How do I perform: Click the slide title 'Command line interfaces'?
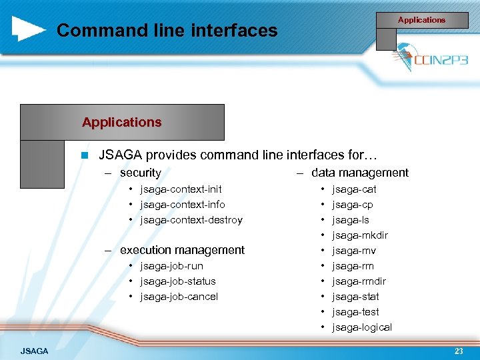point(167,30)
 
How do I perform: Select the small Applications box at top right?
point(421,20)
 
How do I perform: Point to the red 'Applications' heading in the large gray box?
point(121,122)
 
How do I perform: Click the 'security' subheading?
point(140,173)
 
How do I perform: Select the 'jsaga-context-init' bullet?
point(181,189)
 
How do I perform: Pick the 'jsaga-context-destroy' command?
point(191,220)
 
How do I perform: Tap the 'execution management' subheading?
point(182,250)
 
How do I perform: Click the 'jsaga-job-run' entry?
point(171,266)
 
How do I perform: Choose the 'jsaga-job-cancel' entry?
point(179,297)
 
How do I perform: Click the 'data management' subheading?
point(359,173)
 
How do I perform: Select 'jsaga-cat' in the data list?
point(354,189)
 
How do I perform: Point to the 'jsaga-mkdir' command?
point(360,235)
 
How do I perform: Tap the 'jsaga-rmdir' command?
point(359,281)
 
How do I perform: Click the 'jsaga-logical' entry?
point(362,327)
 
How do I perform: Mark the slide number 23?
point(459,351)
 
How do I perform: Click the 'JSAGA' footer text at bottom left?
point(34,351)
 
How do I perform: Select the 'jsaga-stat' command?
point(355,297)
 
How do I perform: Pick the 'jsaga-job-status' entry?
point(177,281)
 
